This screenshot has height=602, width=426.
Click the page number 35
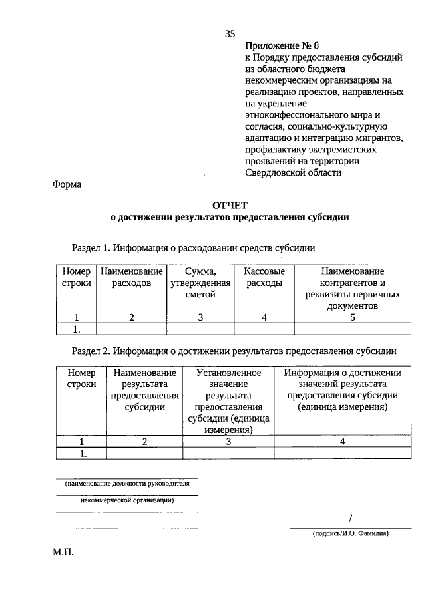pyautogui.click(x=230, y=34)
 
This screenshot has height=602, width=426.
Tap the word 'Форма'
pyautogui.click(x=67, y=184)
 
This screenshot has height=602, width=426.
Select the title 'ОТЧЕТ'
pyautogui.click(x=230, y=206)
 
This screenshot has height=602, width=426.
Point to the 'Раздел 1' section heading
pyautogui.click(x=193, y=248)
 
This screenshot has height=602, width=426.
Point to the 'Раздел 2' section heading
pyautogui.click(x=234, y=350)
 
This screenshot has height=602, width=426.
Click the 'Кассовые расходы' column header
pyautogui.click(x=264, y=277)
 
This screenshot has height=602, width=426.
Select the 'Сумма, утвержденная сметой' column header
pyautogui.click(x=200, y=283)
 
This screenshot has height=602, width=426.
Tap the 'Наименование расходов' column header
pyautogui.click(x=132, y=277)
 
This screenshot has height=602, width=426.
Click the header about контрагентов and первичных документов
pyautogui.click(x=353, y=289)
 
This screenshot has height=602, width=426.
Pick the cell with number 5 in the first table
pyautogui.click(x=353, y=317)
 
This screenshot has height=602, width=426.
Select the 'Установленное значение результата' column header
pyautogui.click(x=228, y=400)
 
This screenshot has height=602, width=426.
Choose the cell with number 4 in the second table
pyautogui.click(x=343, y=440)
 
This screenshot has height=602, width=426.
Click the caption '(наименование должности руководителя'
pyautogui.click(x=127, y=484)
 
